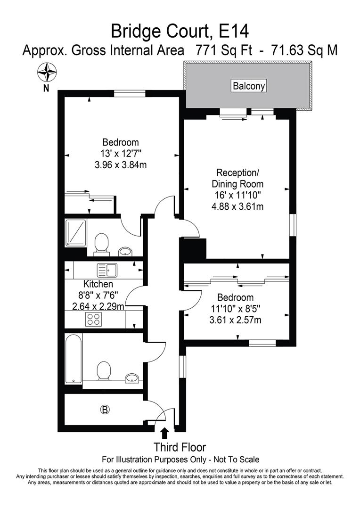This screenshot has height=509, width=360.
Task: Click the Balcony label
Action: coord(249,86)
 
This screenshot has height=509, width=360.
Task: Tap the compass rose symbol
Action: coord(46,74)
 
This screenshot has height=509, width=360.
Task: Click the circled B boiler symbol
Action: coord(105,410)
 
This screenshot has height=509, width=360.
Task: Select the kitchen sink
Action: coord(107,271)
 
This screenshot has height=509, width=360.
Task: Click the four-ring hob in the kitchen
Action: coord(92,320)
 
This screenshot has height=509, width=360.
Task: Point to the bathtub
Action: coord(74,358)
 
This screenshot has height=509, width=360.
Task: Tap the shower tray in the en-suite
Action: coord(76,232)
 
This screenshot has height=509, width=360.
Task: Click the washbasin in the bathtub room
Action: coord(132,378)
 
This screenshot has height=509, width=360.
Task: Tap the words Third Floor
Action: coord(180,447)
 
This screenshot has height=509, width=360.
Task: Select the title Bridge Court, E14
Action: coord(180,31)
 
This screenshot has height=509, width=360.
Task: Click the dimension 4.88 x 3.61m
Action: coord(237,206)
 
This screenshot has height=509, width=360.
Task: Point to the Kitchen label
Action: coord(98,284)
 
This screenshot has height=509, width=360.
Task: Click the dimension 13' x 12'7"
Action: coord(121,153)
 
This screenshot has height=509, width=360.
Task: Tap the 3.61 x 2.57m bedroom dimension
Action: coord(236,320)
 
